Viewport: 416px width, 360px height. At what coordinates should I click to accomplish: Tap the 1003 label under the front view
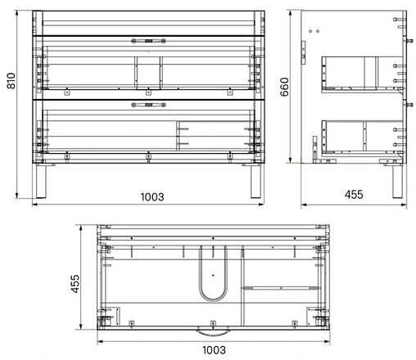click(x=151, y=196)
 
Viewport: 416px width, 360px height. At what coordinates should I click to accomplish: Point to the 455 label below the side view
click(x=353, y=195)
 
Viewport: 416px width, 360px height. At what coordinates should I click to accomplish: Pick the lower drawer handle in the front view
click(x=148, y=104)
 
